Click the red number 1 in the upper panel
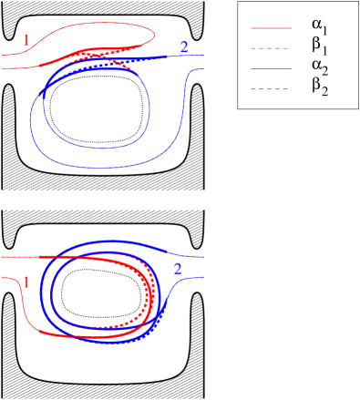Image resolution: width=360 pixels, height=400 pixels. point(26,41)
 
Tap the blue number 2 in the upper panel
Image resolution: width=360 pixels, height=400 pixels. point(185,46)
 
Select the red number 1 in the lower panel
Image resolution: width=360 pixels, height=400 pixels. point(26,282)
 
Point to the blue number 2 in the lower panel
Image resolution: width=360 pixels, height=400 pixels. point(178,269)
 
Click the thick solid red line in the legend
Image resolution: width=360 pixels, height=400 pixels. point(271,28)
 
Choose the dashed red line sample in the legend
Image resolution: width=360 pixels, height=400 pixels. point(271,48)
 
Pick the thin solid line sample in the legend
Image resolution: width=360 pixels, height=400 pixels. point(271,69)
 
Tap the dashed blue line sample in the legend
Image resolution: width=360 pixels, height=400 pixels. point(271,89)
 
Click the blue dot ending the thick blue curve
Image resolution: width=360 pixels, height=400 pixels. point(43,94)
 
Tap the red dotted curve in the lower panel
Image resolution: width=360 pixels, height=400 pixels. point(146,310)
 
